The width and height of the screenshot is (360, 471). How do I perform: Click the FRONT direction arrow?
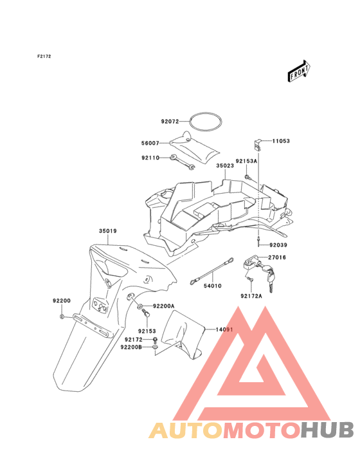pos(299,71)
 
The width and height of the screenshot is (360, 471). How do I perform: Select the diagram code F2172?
pos(44,56)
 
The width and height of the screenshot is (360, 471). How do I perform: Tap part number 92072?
pos(170,122)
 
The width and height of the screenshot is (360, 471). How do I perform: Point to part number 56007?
pos(150,143)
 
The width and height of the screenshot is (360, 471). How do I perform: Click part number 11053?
pos(281,141)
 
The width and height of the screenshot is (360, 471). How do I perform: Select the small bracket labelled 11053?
pos(257,145)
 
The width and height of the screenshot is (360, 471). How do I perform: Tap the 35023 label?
pos(225,165)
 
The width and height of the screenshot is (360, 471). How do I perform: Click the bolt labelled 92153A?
pos(248,177)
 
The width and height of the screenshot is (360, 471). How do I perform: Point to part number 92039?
pos(278,245)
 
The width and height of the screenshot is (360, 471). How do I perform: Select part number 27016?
pos(277,257)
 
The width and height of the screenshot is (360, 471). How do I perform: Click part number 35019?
pos(108,231)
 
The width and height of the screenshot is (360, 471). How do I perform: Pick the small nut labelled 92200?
pos(62,317)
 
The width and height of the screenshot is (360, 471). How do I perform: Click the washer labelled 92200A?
pos(140,307)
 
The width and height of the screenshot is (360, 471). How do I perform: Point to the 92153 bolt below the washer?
pos(146,313)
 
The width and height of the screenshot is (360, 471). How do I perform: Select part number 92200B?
pos(131,347)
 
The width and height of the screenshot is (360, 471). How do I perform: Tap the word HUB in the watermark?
pos(328,429)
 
